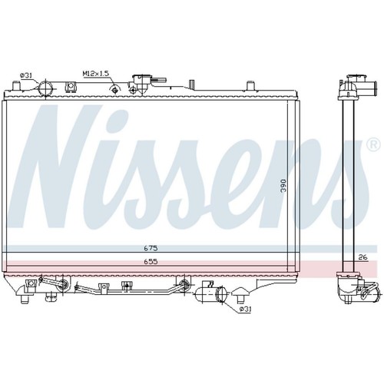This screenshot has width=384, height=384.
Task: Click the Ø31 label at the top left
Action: pos(26,75)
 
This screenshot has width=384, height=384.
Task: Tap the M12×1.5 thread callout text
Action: pos(96,74)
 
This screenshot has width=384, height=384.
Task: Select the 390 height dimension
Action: pos(283,186)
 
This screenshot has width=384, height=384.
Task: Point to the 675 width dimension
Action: pos(151,248)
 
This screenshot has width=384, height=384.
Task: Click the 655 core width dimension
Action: pos(151,261)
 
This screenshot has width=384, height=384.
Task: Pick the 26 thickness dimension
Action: pos(362,257)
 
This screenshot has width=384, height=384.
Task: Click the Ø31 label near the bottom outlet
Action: pos(245,310)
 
